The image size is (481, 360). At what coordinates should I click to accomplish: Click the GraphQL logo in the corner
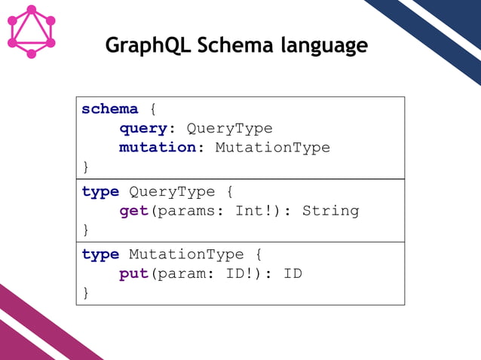pos(32,32)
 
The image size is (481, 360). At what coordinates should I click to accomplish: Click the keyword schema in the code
pos(110,109)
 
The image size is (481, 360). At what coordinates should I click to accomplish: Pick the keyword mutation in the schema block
pos(158,147)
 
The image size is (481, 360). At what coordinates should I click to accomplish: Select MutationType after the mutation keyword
pos(272,147)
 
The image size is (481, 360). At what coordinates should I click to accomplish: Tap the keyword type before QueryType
pos(100,191)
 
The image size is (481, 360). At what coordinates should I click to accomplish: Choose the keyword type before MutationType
pos(100,255)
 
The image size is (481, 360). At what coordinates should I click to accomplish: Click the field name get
pos(134,210)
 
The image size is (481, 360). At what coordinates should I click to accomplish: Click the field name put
pos(134,273)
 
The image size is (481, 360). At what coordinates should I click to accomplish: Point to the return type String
pos(330,210)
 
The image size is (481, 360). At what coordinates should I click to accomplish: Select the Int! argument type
pos(253,210)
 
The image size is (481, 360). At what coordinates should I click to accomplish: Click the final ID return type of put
pos(293,273)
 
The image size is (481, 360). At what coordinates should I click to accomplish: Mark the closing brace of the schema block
pos(85,166)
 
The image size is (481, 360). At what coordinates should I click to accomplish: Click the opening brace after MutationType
pos(258,255)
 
